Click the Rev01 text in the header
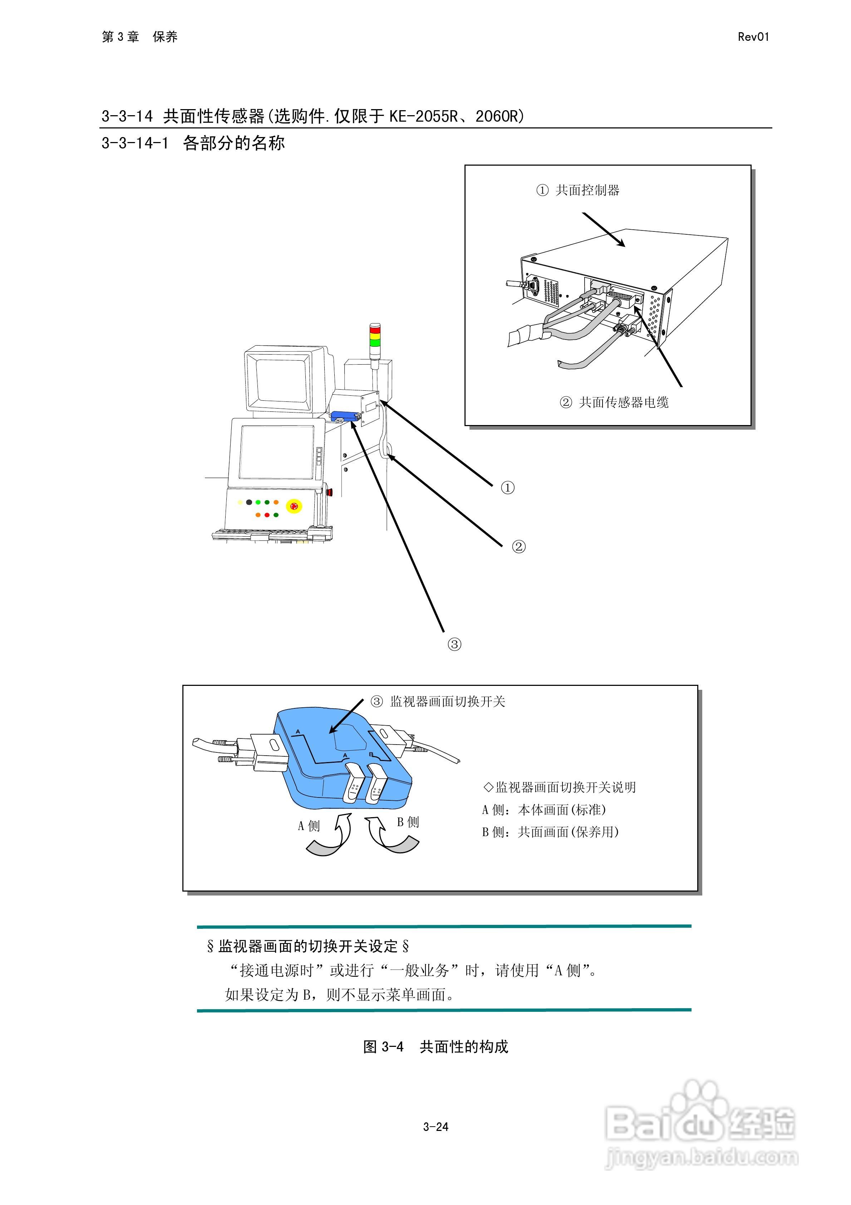[x=753, y=37]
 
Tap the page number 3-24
[x=436, y=1126]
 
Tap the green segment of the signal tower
[x=375, y=342]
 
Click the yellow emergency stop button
[x=294, y=506]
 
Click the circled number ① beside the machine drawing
[x=507, y=488]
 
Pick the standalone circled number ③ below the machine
[x=454, y=644]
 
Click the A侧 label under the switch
[x=309, y=826]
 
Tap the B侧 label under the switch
[x=408, y=822]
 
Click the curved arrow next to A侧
[x=328, y=838]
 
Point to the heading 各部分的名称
[x=233, y=143]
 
